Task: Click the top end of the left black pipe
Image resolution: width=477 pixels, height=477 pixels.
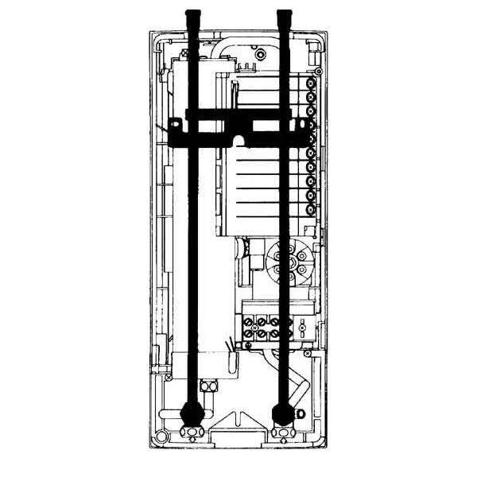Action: (x=192, y=14)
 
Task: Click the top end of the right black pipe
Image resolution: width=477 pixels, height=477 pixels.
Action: (x=283, y=14)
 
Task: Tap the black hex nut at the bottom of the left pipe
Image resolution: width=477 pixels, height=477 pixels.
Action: (x=192, y=412)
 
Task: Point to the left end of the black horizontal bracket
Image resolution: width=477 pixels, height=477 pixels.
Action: (x=173, y=130)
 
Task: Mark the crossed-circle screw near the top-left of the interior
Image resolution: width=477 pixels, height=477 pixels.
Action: (x=184, y=52)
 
